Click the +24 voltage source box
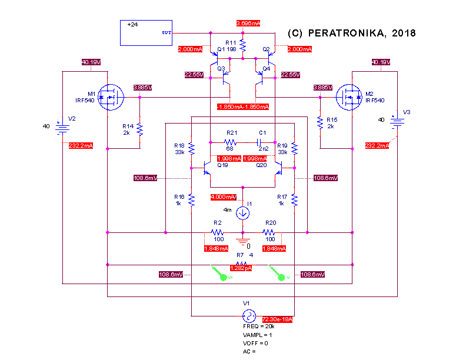(x=146, y=33)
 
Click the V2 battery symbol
(x=60, y=126)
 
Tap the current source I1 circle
(x=242, y=212)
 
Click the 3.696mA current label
(x=248, y=23)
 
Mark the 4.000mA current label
(x=224, y=197)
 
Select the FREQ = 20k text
(x=258, y=325)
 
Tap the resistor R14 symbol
(x=140, y=129)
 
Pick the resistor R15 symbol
(x=319, y=122)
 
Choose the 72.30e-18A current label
(x=277, y=319)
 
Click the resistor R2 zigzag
(x=218, y=232)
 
